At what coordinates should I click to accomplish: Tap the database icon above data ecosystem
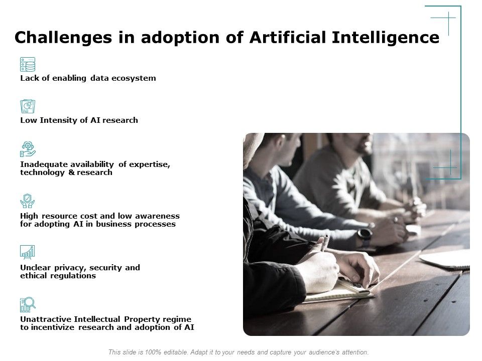pyautogui.click(x=28, y=64)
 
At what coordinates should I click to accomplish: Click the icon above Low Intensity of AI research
pyautogui.click(x=28, y=106)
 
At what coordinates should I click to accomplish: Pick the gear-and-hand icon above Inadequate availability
pyautogui.click(x=28, y=149)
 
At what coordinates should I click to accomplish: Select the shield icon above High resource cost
pyautogui.click(x=28, y=201)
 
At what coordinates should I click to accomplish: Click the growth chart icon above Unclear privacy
pyautogui.click(x=28, y=252)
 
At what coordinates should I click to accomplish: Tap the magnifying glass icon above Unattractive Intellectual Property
pyautogui.click(x=28, y=304)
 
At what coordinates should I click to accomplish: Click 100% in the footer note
pyautogui.click(x=152, y=352)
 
